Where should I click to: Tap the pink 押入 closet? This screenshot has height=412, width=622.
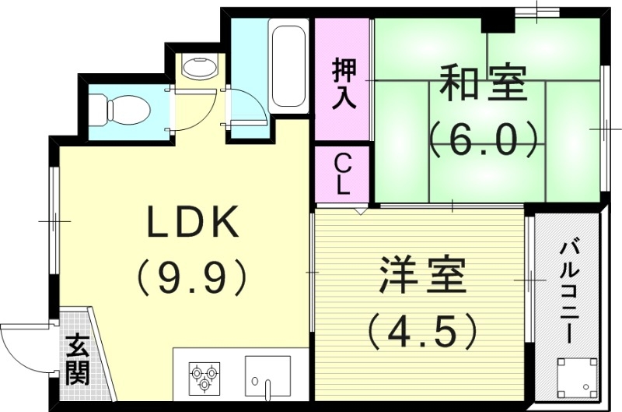click(343, 79)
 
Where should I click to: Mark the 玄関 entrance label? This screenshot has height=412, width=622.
click(75, 358)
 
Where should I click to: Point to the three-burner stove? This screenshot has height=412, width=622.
click(203, 375)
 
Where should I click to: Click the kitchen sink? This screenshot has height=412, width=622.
click(267, 375)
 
